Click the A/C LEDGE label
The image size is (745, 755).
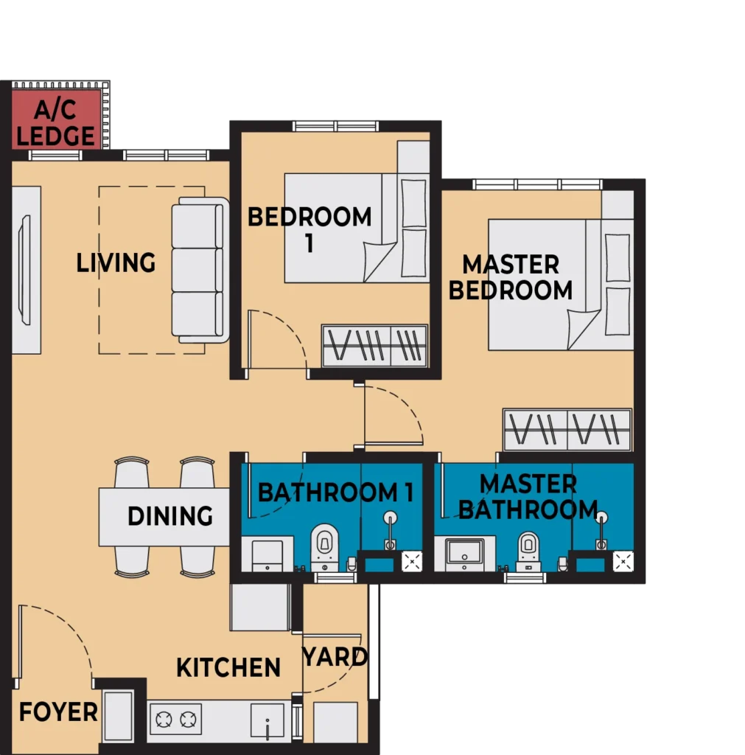(x=56, y=123)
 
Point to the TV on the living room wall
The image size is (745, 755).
(x=24, y=270)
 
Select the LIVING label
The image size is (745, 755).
(x=116, y=263)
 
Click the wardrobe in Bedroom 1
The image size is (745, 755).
(x=374, y=346)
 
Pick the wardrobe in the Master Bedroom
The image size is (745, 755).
(x=567, y=430)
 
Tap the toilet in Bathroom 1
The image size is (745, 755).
(x=324, y=548)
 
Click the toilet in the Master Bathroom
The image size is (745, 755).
(x=528, y=552)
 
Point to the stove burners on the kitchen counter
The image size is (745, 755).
(x=175, y=720)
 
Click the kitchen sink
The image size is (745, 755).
(x=267, y=721)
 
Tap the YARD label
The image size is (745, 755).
(x=335, y=657)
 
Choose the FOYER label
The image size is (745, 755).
(x=58, y=711)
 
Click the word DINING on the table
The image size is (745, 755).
(x=170, y=515)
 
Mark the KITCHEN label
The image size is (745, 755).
(x=228, y=667)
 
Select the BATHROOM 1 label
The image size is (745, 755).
(x=336, y=492)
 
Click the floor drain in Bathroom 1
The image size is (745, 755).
(x=412, y=561)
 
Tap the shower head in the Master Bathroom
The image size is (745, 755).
(x=601, y=518)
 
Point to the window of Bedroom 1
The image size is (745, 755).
(x=335, y=127)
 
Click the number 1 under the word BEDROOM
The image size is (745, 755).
(x=309, y=243)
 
